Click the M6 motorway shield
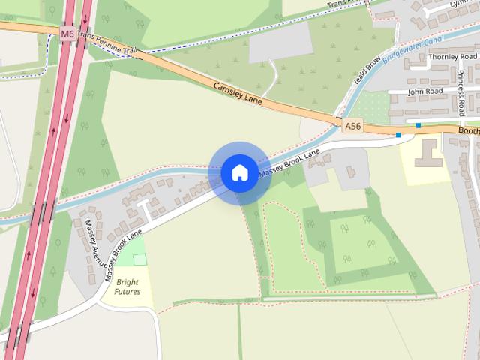(68, 34)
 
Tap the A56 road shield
(353, 127)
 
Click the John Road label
(425, 90)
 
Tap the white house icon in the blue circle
(239, 172)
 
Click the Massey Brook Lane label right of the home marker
(289, 163)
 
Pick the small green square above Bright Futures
(139, 259)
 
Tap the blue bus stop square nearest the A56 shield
(399, 136)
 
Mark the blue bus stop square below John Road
(418, 125)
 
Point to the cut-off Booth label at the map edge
(469, 130)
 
